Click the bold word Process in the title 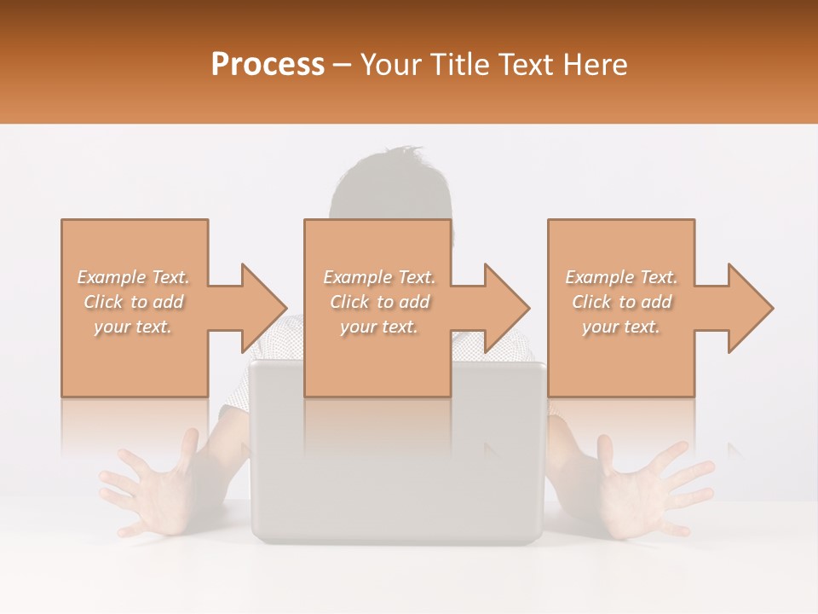tap(268, 65)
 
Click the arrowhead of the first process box tap(261, 308)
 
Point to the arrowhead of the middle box tap(504, 308)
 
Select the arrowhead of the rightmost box tap(748, 308)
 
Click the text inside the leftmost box tap(134, 302)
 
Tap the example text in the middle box tap(379, 302)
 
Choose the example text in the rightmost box tap(621, 302)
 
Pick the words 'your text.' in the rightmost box tap(621, 327)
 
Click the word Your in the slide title tap(391, 65)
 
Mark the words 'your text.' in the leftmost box tap(134, 327)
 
